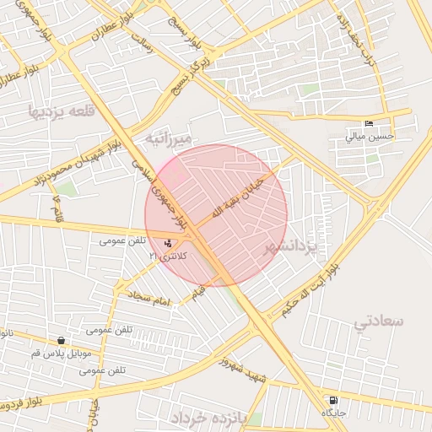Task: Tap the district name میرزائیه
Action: [x=170, y=137]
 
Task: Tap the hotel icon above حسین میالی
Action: [x=369, y=123]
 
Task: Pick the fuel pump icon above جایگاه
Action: [x=334, y=400]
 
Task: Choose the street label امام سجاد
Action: [x=149, y=297]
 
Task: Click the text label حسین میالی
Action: [x=369, y=135]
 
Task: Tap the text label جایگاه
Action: [x=334, y=413]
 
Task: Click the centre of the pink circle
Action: [x=217, y=215]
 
